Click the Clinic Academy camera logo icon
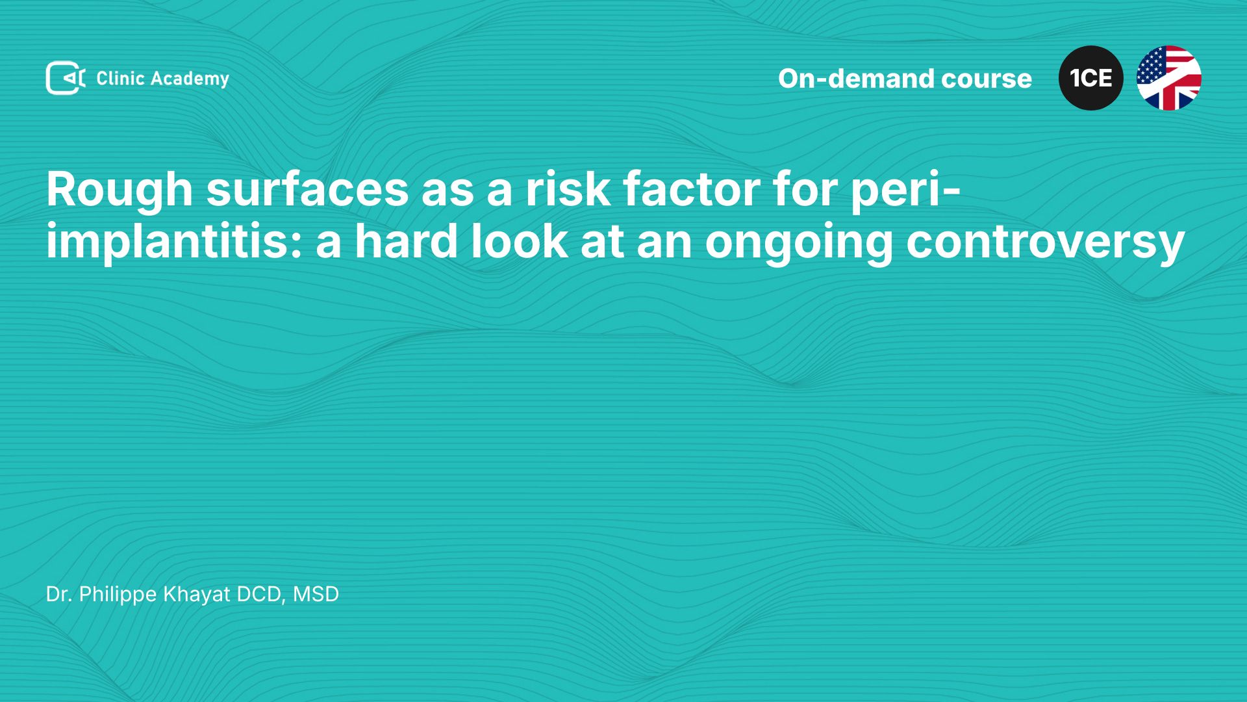(x=66, y=78)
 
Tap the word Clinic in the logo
(x=120, y=78)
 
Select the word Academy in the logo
(x=190, y=79)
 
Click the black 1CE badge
(x=1091, y=78)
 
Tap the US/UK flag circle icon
(x=1169, y=78)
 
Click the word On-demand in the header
(x=856, y=79)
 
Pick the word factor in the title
(x=691, y=189)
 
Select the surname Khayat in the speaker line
(x=197, y=595)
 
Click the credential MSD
(x=316, y=594)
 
